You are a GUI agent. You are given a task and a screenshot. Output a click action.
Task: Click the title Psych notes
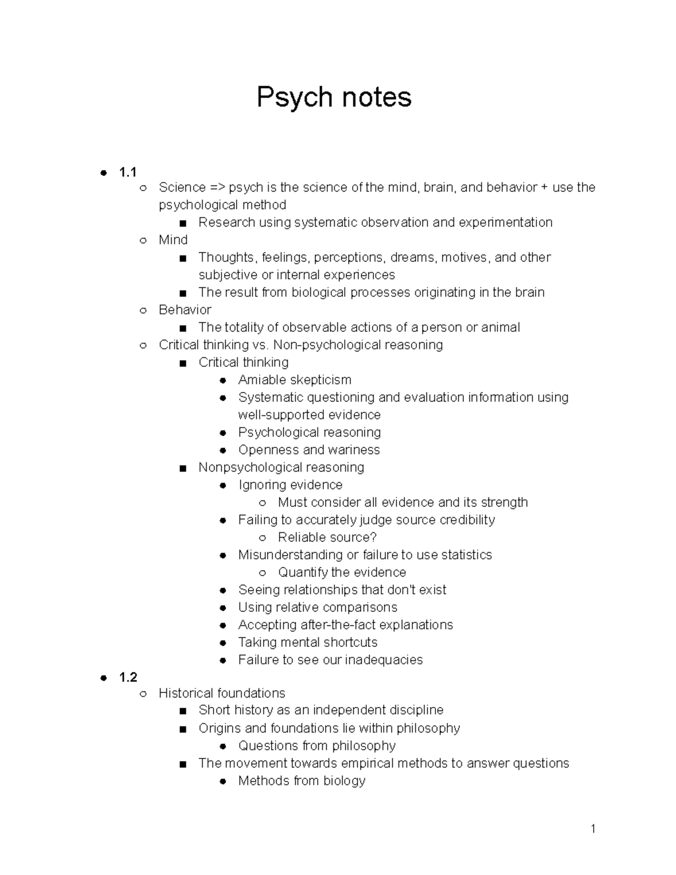[x=334, y=97]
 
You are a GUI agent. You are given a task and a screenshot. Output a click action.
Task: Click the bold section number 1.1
[x=128, y=172]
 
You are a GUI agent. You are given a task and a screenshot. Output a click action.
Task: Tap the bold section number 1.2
[x=128, y=677]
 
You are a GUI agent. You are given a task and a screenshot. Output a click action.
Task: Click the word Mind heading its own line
[x=173, y=240]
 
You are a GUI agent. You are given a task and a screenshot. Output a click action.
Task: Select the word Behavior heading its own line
[x=185, y=310]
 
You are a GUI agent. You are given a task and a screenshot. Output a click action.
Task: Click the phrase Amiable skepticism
[x=295, y=380]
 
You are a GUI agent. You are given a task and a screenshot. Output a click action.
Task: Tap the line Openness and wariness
[x=309, y=450]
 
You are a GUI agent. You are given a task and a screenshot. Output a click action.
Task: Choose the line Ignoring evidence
[x=290, y=485]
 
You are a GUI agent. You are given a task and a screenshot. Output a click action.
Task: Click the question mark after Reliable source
[x=373, y=538]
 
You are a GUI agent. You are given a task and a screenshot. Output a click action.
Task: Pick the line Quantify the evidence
[x=342, y=572]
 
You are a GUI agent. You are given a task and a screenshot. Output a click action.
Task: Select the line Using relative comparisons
[x=318, y=607]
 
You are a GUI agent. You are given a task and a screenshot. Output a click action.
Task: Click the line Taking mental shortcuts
[x=308, y=642]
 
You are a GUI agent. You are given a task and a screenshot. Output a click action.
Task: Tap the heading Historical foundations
[x=222, y=693]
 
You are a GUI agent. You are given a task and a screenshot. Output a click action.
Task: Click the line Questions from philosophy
[x=317, y=746]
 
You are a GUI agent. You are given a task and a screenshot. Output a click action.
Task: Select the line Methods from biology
[x=302, y=781]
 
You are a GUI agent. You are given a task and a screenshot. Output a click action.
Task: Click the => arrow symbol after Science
[x=217, y=188]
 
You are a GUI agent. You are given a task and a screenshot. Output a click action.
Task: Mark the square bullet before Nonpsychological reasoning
[x=182, y=468]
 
